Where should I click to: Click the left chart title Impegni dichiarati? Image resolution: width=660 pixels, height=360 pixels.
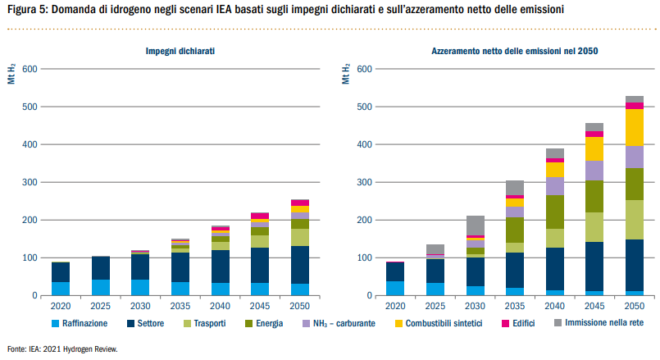click(x=180, y=51)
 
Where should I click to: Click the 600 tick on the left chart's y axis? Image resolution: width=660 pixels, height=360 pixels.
click(x=33, y=69)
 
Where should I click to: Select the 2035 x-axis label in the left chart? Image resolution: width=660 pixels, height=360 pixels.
click(x=180, y=306)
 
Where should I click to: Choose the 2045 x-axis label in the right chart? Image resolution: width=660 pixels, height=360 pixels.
click(x=594, y=306)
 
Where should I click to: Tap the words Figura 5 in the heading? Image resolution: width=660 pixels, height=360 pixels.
click(x=27, y=10)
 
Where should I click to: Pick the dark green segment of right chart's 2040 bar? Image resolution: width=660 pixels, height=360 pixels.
click(x=555, y=212)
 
